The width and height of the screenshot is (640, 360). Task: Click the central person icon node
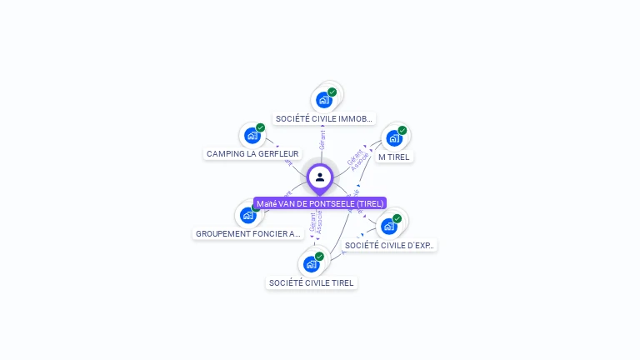pyautogui.click(x=320, y=177)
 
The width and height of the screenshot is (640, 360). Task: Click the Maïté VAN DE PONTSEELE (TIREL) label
pyautogui.click(x=320, y=203)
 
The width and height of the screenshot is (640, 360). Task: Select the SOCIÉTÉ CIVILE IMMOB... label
pyautogui.click(x=324, y=119)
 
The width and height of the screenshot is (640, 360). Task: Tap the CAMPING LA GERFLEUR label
pyautogui.click(x=252, y=153)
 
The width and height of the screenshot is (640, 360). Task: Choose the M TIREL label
pyautogui.click(x=394, y=157)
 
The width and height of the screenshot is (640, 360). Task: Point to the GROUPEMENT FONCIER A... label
pyautogui.click(x=247, y=234)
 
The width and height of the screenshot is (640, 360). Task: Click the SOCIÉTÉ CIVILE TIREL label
pyautogui.click(x=311, y=282)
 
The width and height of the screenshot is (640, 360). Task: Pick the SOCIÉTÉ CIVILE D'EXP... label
pyautogui.click(x=389, y=245)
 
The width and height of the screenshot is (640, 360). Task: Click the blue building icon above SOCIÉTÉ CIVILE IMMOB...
pyautogui.click(x=324, y=100)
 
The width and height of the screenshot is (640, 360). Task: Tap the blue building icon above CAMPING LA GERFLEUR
pyautogui.click(x=252, y=135)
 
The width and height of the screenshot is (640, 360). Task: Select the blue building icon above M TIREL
pyautogui.click(x=393, y=137)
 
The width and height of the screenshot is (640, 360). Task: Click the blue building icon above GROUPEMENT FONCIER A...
pyautogui.click(x=247, y=215)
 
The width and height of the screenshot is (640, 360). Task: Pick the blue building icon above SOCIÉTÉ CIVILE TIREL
pyautogui.click(x=311, y=264)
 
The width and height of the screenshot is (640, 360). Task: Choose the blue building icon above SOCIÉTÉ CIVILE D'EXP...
pyautogui.click(x=388, y=226)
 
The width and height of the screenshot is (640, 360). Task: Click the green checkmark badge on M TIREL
pyautogui.click(x=402, y=130)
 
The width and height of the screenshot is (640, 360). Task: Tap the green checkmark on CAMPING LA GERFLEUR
pyautogui.click(x=261, y=127)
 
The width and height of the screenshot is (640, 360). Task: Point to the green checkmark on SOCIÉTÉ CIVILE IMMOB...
pyautogui.click(x=332, y=92)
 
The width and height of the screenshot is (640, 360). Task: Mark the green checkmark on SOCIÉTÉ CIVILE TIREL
pyautogui.click(x=319, y=257)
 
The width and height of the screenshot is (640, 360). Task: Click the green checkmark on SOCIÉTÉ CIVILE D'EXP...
pyautogui.click(x=397, y=218)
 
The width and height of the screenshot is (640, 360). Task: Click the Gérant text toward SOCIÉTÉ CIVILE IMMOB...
pyautogui.click(x=322, y=139)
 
